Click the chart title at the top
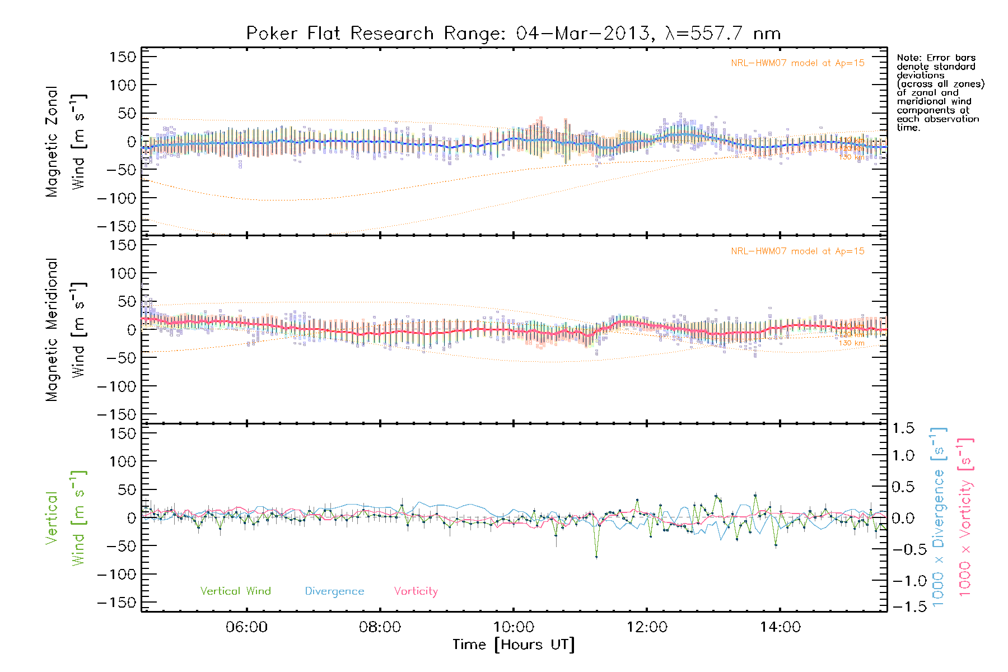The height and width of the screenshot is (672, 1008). [x=513, y=34]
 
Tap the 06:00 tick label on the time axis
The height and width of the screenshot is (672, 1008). [x=246, y=627]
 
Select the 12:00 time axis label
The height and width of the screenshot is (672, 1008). [x=647, y=627]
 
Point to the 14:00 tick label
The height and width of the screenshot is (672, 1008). [x=780, y=627]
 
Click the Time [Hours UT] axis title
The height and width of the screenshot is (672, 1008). [x=514, y=645]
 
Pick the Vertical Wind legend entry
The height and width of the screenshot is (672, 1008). [x=235, y=591]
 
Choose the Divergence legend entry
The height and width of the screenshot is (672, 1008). [x=334, y=591]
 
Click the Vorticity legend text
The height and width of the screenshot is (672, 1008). [x=416, y=591]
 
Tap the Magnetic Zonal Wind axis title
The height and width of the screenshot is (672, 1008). [x=66, y=142]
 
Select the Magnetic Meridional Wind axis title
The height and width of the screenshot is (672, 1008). [x=66, y=330]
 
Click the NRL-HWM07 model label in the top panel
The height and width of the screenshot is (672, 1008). [x=797, y=63]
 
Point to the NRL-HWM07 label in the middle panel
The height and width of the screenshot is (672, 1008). [x=797, y=251]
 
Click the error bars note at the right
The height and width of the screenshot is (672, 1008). [x=940, y=92]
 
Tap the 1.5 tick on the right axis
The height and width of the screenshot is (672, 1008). [x=903, y=428]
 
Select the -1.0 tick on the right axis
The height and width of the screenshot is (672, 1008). [x=903, y=581]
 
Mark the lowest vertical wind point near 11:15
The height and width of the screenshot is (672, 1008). [x=596, y=557]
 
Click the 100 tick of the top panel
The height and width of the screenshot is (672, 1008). [x=123, y=85]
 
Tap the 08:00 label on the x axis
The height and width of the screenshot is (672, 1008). [x=380, y=627]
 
